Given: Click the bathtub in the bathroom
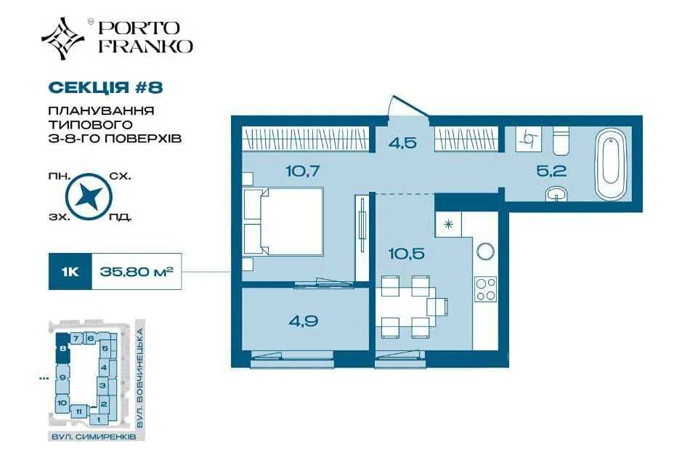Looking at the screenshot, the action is [611, 164].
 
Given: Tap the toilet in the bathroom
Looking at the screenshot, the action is [561, 140].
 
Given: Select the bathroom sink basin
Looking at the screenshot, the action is [557, 194].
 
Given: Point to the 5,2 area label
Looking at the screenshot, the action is [551, 171].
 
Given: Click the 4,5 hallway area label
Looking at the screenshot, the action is [403, 142].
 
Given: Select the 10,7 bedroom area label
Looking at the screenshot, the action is [303, 171].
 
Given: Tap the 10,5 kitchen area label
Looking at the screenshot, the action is [406, 253].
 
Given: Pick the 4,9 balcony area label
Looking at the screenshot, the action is [303, 321].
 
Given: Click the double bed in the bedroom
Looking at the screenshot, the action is [283, 222].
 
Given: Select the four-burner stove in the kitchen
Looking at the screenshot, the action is [485, 289].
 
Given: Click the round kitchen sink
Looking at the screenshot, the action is [485, 251].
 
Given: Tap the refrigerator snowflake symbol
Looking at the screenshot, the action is [448, 225].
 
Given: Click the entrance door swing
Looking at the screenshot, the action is [408, 107].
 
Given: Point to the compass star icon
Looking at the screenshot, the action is [89, 197].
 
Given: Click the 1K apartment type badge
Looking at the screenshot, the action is [70, 272].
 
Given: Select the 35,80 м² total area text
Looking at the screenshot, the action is [137, 272].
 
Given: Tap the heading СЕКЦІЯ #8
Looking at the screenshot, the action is [105, 87].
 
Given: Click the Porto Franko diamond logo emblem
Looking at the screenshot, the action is [63, 39].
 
